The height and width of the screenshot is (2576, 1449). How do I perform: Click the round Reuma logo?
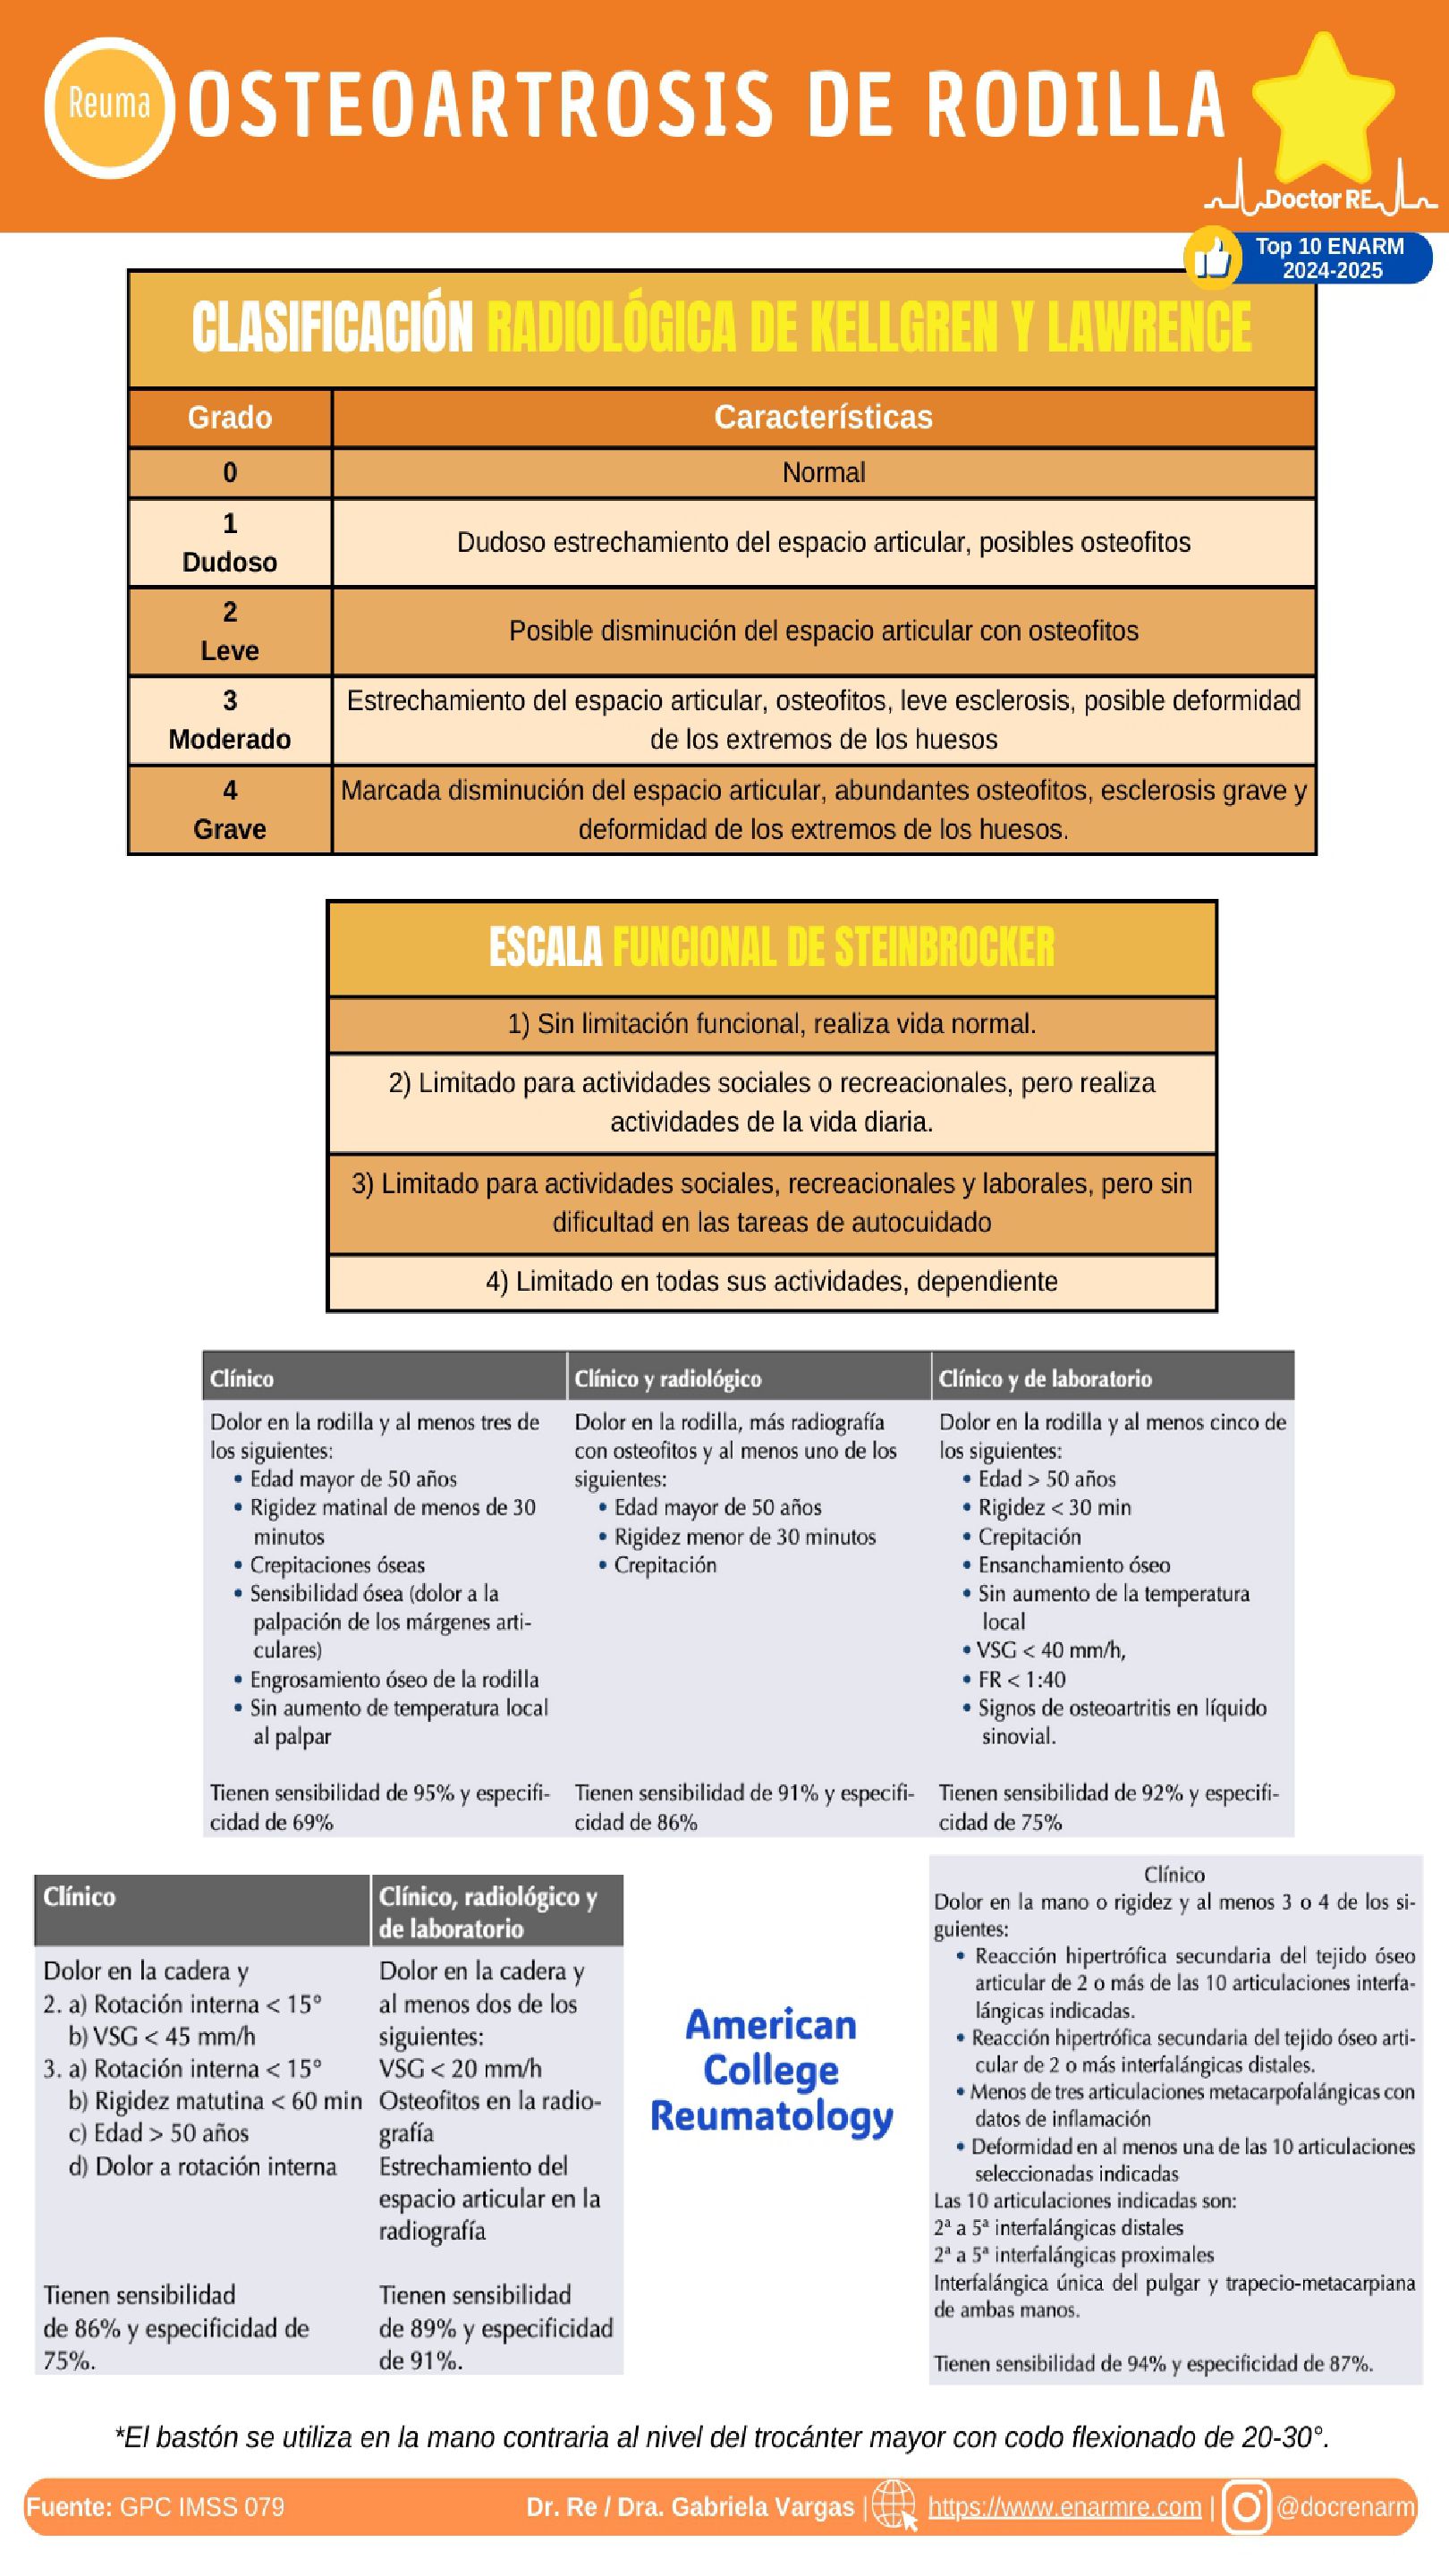108,106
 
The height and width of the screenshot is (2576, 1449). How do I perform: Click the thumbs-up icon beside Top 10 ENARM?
1212,258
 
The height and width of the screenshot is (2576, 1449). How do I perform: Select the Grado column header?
229,417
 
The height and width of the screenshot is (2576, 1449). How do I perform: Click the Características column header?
822,417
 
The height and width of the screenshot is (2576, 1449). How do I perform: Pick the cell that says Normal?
823,472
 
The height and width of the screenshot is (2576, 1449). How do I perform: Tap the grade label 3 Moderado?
229,720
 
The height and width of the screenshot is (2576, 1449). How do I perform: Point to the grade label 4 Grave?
229,809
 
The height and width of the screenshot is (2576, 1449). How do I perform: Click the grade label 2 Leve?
229,631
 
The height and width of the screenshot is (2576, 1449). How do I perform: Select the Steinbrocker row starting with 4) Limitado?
771,1281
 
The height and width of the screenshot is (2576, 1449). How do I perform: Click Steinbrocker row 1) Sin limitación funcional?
771,1024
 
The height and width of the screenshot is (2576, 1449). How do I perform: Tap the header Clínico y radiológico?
667,1378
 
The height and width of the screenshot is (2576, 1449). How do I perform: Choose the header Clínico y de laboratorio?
1044,1378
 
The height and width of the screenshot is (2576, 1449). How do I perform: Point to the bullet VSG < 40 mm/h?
1050,1650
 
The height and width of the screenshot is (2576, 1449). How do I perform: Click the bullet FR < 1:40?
1021,1679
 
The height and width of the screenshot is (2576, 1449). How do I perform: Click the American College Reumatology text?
770,2069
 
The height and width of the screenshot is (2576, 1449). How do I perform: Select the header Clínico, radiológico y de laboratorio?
488,1911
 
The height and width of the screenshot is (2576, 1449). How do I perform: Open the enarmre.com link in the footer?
1064,2506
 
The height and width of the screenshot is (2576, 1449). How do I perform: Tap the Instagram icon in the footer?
1245,2506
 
